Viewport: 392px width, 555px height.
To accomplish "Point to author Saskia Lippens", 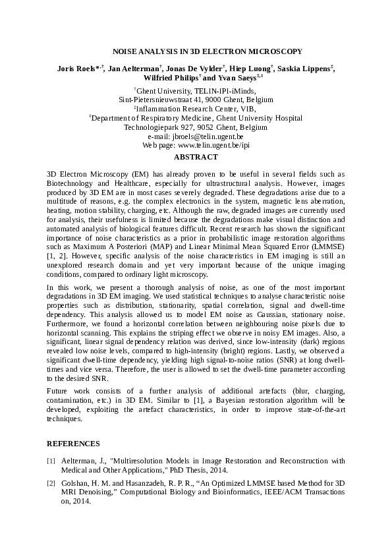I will tap(303, 68).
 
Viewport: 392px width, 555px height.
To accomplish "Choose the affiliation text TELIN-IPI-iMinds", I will tap(218, 91).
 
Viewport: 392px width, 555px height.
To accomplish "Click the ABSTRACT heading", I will tap(195, 158).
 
